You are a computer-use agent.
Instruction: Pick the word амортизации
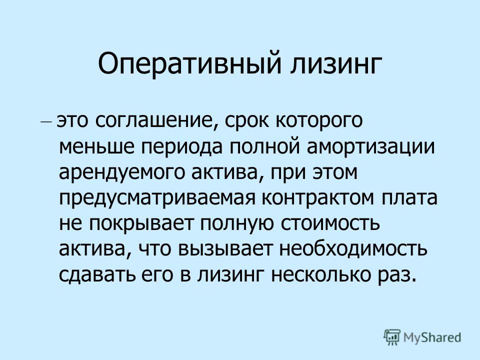[x=371, y=147]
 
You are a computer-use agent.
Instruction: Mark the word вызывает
[x=225, y=250]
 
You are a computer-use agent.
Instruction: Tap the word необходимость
[x=353, y=249]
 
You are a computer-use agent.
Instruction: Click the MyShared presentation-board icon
[x=392, y=337]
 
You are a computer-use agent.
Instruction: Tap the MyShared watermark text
[x=432, y=338]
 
